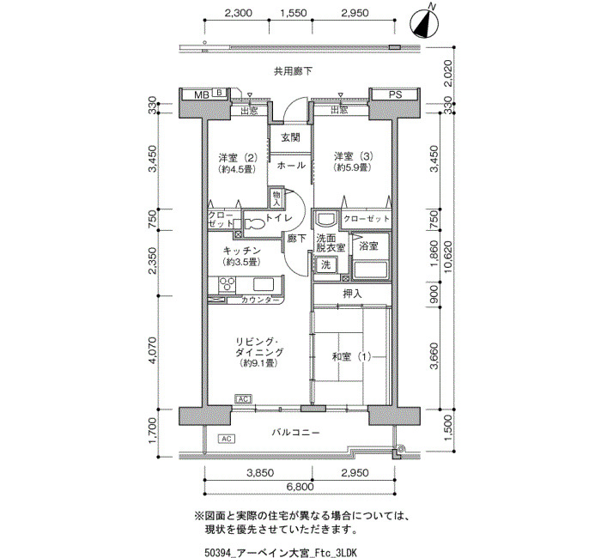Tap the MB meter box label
[202, 94]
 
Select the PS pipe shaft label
[395, 94]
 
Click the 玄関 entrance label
[290, 137]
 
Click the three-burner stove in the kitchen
[227, 285]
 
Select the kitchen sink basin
[263, 285]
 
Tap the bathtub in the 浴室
[370, 270]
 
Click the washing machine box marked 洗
[325, 264]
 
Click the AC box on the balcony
[226, 439]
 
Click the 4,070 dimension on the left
[152, 350]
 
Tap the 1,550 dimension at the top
[294, 13]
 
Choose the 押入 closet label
[352, 294]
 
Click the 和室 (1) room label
[351, 357]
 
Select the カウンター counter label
[260, 300]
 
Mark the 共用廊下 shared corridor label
[293, 71]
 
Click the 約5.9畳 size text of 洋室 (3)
[353, 167]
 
